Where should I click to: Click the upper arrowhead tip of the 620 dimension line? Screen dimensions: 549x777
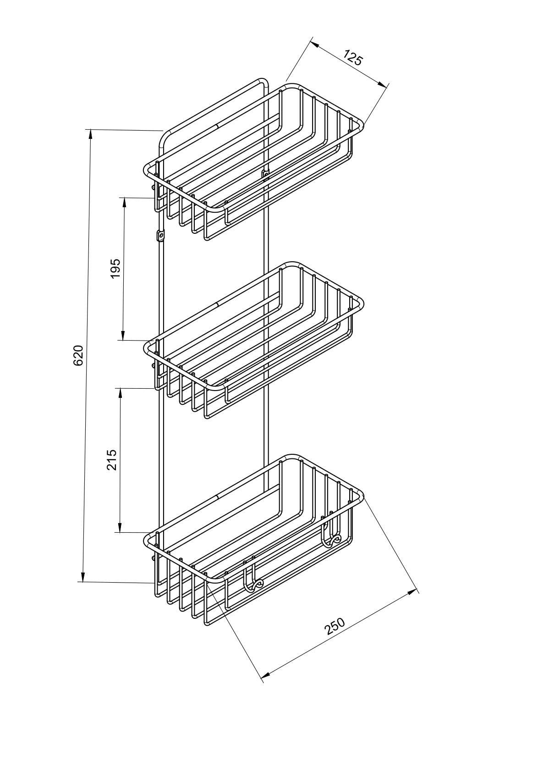91,130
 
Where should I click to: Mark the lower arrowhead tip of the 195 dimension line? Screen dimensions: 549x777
123,340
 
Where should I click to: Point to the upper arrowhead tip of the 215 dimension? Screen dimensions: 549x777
121,388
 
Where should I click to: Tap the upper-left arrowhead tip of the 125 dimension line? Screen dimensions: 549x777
310,41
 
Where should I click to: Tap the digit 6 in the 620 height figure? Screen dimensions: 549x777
78,362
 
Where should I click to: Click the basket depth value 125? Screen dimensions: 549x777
353,58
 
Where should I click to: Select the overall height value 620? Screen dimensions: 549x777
78,355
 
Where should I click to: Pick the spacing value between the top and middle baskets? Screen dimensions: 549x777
115,268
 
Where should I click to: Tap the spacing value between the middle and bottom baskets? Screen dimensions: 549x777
112,460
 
